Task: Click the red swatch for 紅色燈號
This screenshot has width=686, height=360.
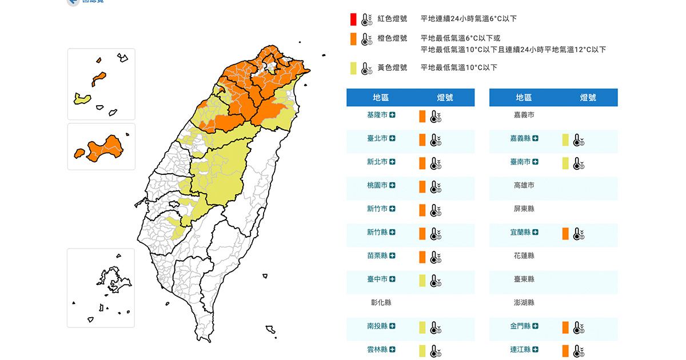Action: (353, 19)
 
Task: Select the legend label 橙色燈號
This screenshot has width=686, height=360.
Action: (392, 38)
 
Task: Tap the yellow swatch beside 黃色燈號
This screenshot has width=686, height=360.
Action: (353, 68)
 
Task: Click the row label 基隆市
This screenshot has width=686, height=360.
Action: (377, 115)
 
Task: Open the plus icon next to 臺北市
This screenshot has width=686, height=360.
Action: (393, 138)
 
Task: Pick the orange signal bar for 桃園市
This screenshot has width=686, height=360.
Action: (422, 186)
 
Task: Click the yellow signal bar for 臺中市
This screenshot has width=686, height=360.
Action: (422, 280)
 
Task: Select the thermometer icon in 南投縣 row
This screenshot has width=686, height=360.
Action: (436, 327)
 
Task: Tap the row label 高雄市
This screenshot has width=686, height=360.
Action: (524, 185)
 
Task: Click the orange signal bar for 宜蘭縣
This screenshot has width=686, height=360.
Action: (565, 233)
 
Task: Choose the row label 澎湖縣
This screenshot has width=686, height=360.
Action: (524, 302)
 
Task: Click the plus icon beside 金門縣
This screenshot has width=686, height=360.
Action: (535, 326)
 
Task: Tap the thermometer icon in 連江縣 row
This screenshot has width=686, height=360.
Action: (579, 351)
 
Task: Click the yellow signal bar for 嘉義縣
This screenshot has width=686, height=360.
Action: (565, 139)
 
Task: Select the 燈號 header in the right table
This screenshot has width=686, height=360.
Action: (588, 98)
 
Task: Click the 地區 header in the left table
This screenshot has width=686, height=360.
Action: (381, 98)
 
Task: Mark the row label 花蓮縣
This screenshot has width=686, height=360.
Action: (524, 255)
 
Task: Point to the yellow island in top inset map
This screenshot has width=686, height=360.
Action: (83, 99)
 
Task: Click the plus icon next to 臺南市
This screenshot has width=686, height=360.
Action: (536, 162)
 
